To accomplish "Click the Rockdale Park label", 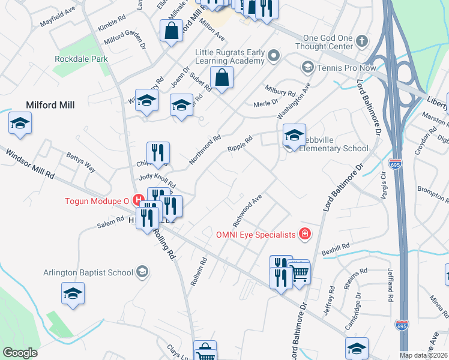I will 81,59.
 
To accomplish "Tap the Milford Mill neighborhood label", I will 50,105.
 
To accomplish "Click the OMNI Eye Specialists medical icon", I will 305,234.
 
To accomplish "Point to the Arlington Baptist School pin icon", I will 142,272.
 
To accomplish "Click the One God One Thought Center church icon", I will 361,41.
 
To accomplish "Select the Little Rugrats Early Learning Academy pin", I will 274,56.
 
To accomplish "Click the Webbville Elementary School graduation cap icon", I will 294,136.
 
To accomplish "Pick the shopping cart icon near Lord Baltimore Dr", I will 299,272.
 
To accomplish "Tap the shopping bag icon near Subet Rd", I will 221,77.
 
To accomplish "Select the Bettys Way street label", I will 80,163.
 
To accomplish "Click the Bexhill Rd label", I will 336,248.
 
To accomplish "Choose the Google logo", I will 20,353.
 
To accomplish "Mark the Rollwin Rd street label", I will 196,271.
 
